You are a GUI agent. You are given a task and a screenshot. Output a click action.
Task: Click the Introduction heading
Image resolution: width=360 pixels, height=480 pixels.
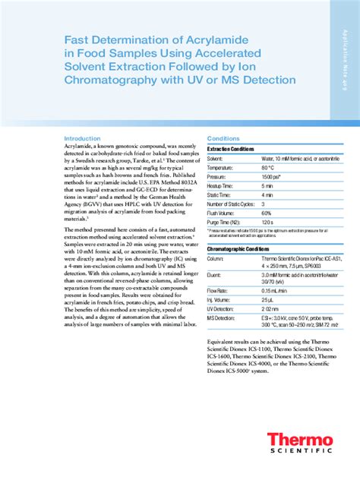tap(82, 138)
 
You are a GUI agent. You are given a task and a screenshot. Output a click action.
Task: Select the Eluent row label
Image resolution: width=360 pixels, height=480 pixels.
tap(216, 275)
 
